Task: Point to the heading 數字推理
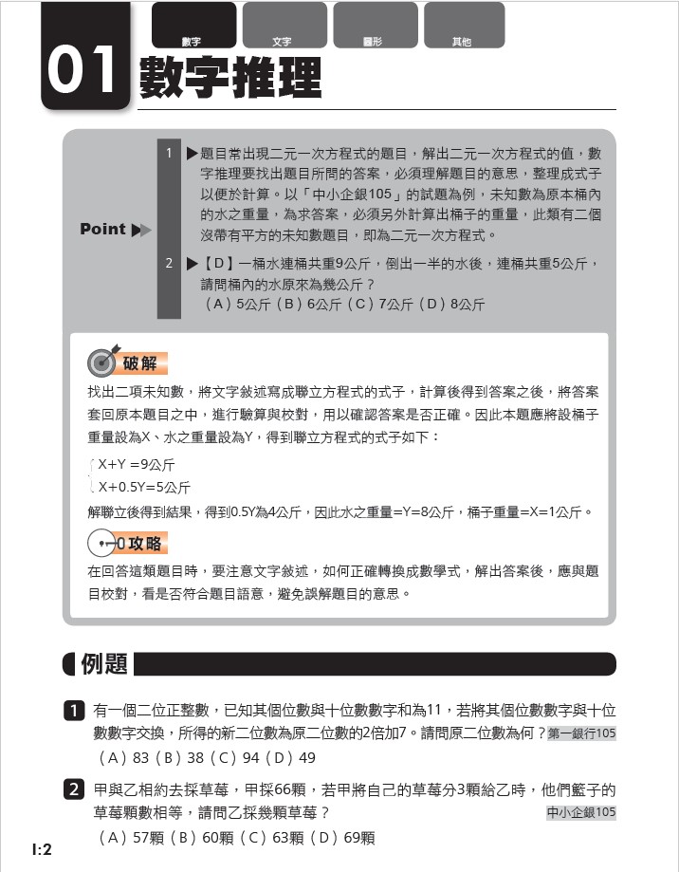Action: [230, 77]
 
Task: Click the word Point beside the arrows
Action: [103, 229]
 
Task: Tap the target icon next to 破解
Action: [102, 362]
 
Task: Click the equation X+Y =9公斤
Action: [137, 465]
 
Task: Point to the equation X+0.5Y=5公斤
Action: [144, 488]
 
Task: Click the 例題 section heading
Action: [104, 663]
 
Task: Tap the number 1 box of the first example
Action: [74, 710]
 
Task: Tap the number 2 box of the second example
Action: [74, 789]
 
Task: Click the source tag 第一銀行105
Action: [581, 733]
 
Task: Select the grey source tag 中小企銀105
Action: [581, 812]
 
